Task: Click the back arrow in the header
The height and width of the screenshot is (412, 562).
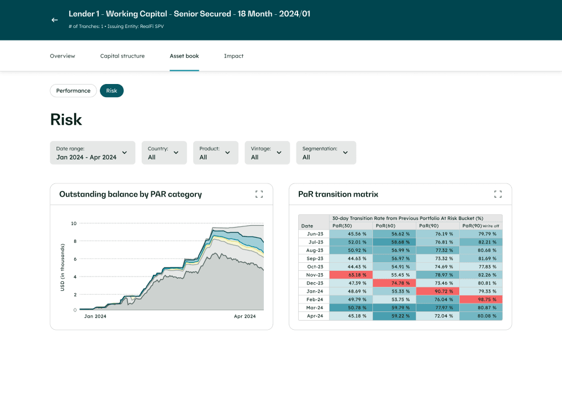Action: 55,20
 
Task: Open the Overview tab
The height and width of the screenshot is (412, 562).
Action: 62,56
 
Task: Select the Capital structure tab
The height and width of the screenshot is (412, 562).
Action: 122,56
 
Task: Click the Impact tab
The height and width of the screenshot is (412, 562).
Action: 234,56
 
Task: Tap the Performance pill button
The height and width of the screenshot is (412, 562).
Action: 73,90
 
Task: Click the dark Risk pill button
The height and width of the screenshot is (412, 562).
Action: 111,90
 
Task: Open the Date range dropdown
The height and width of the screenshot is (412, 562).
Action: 93,153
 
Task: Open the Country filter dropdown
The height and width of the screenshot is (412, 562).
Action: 164,153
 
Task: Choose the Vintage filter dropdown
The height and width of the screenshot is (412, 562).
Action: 267,153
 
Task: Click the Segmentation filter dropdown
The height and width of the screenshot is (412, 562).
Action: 326,153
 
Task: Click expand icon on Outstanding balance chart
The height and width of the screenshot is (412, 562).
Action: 259,194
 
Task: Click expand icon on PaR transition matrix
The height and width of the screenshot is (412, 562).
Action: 498,194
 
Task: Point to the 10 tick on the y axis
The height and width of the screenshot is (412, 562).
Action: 74,223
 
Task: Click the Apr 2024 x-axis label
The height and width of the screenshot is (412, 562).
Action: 245,316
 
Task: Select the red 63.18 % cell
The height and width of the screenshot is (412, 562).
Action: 351,275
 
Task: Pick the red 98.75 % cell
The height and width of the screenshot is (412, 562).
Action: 481,299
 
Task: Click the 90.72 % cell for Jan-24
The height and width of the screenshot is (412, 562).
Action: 437,291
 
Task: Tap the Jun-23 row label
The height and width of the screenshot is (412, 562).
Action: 315,234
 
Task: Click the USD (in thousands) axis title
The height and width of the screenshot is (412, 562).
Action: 62,267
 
